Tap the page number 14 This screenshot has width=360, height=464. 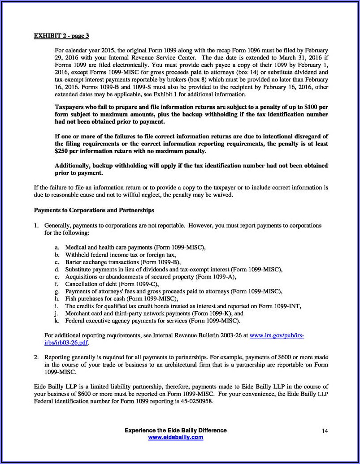pyautogui.click(x=325, y=431)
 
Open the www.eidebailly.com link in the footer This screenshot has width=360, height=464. pyautogui.click(x=175, y=437)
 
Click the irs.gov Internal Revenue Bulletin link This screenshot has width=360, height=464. pyautogui.click(x=276, y=335)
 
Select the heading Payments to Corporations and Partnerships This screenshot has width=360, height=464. pyautogui.click(x=94, y=210)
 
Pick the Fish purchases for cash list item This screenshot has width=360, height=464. pyautogui.click(x=121, y=299)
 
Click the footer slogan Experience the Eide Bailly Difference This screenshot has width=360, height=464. pyautogui.click(x=175, y=430)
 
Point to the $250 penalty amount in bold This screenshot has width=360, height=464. pyautogui.click(x=61, y=151)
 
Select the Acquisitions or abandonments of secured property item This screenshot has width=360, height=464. pyautogui.click(x=150, y=277)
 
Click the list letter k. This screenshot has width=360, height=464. pyautogui.click(x=57, y=321)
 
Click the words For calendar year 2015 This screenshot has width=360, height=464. pyautogui.click(x=84, y=51)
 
